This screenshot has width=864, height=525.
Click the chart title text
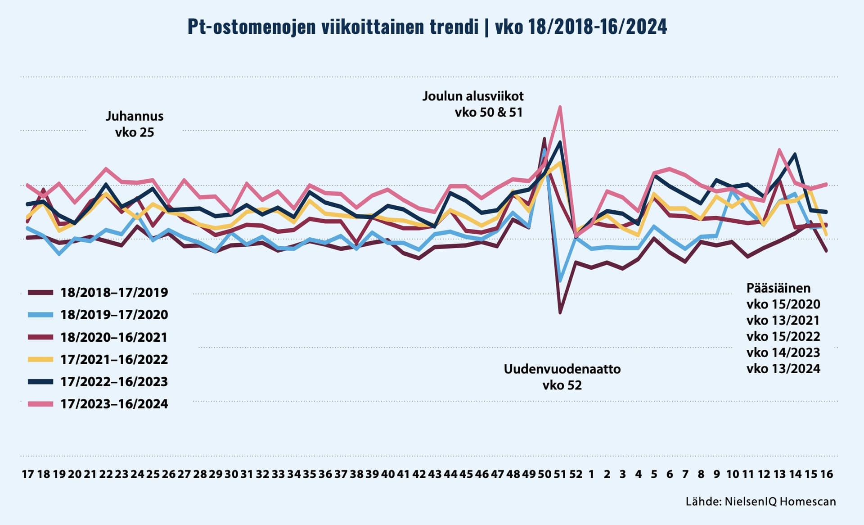click(x=427, y=27)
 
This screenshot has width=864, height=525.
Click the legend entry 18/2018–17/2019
click(x=114, y=293)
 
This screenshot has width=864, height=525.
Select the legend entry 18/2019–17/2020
click(x=114, y=315)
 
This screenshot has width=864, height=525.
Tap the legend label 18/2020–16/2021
click(x=114, y=337)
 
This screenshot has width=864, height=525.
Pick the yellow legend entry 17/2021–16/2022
click(x=114, y=359)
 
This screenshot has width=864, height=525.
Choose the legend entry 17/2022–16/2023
click(x=114, y=382)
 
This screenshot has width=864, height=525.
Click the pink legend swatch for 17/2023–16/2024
click(x=40, y=404)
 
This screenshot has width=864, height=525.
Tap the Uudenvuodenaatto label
click(x=562, y=370)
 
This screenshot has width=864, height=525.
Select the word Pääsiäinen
click(x=778, y=288)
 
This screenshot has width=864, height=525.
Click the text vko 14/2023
click(x=783, y=353)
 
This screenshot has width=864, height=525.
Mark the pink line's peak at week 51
click(x=560, y=107)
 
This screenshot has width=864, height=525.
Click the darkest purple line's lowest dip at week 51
click(x=560, y=312)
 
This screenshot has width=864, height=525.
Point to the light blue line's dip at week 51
click(x=560, y=281)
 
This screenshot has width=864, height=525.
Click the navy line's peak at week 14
click(x=795, y=154)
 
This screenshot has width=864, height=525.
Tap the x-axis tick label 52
click(x=576, y=474)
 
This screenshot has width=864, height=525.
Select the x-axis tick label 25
click(x=153, y=474)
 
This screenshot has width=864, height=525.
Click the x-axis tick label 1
click(x=591, y=474)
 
